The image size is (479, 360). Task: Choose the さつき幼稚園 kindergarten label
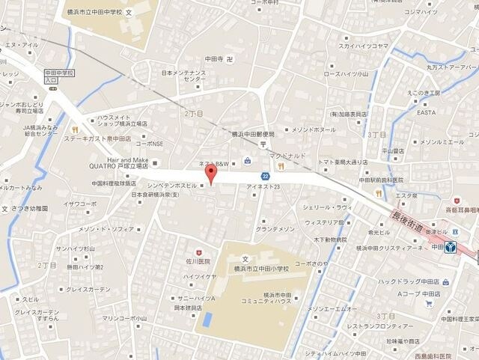(x=30, y=209)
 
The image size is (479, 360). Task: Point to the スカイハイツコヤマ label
(x=363, y=46)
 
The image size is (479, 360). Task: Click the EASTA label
(x=426, y=112)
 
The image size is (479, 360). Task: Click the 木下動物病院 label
(x=330, y=240)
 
